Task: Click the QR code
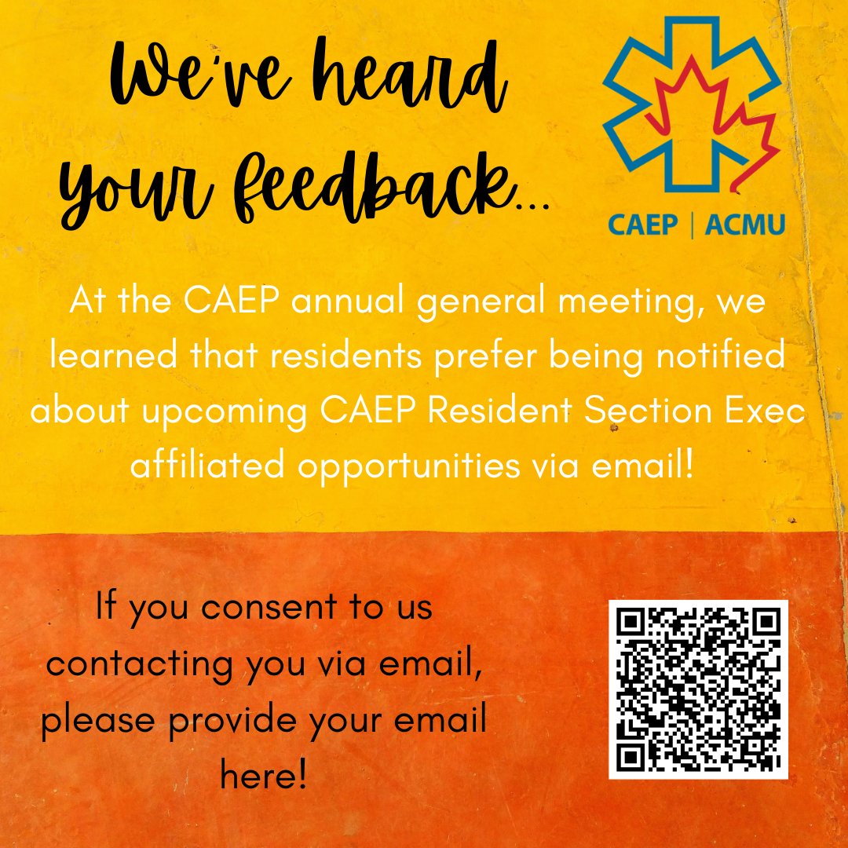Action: (x=698, y=689)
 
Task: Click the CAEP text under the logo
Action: (x=642, y=225)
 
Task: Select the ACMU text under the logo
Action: (x=744, y=225)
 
